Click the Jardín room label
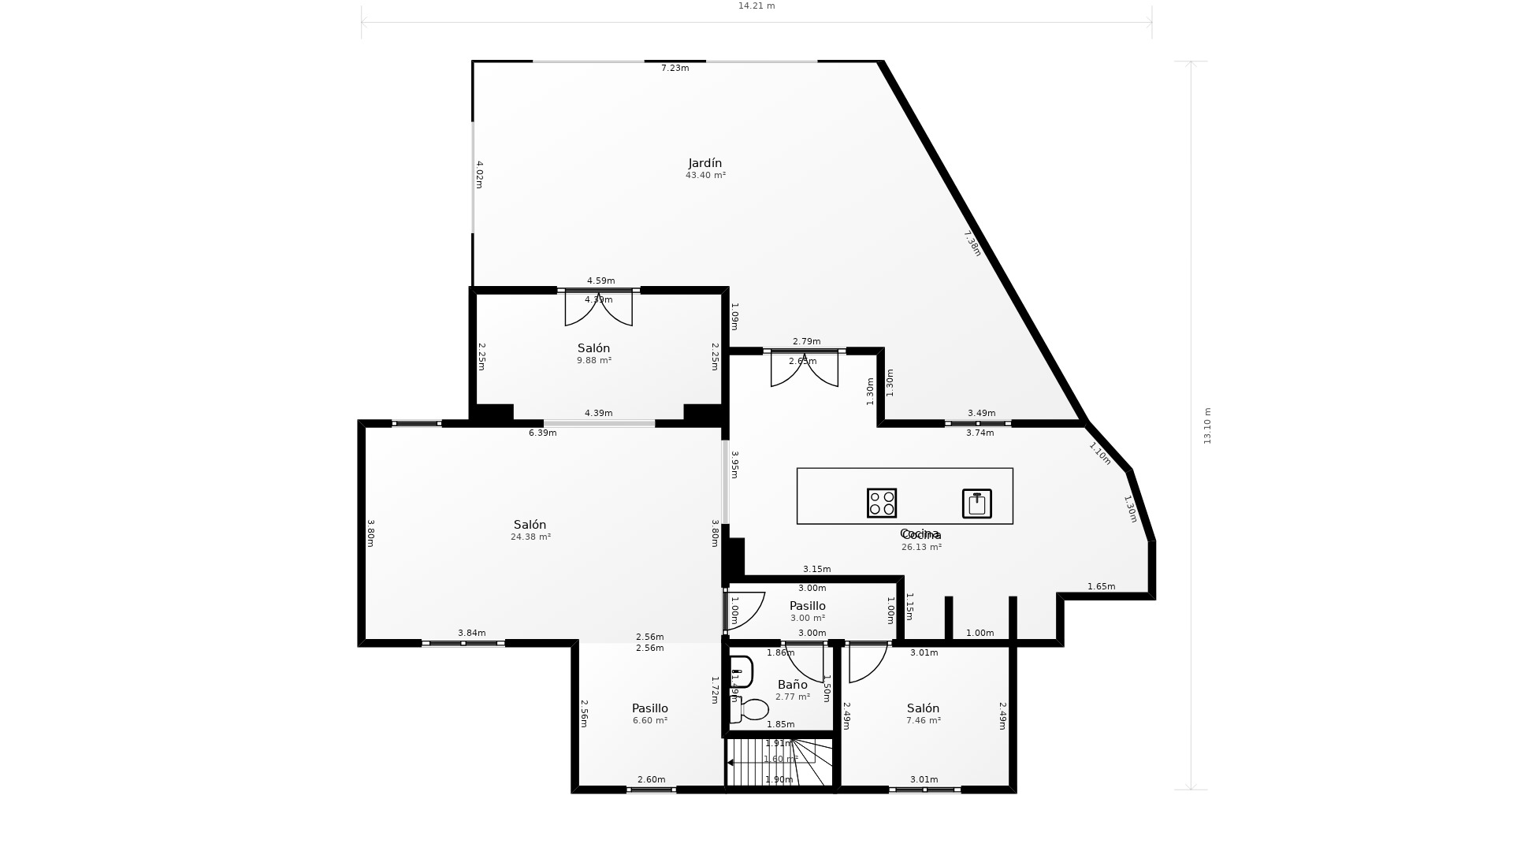coord(705,163)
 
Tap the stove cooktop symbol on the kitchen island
coord(882,503)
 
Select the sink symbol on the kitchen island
coord(976,504)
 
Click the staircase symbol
coord(779,762)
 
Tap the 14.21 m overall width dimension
coord(756,6)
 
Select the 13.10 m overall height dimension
coord(1207,425)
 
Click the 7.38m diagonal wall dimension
coord(973,243)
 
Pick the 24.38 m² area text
coord(530,537)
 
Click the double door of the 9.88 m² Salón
coord(598,308)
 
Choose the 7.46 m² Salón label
coord(923,708)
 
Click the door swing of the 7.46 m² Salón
coord(866,663)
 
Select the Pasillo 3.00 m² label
coord(808,606)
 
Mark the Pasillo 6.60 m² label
coord(650,708)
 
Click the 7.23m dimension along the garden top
coord(675,69)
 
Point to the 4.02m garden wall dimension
coord(479,174)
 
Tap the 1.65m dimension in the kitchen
coord(1101,586)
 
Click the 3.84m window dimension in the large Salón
coord(471,634)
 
